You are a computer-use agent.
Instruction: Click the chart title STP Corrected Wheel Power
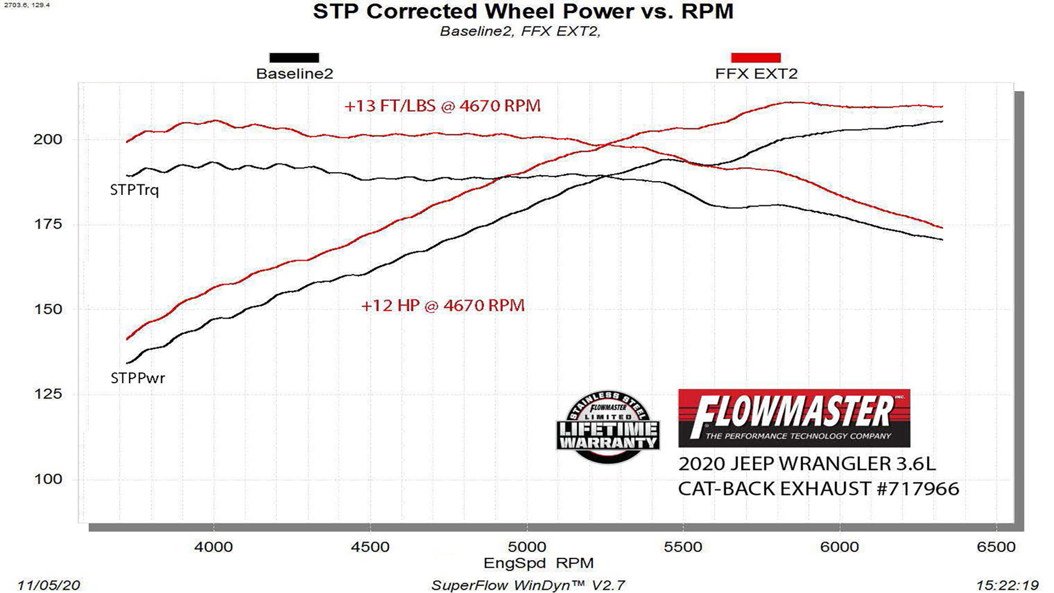[x=523, y=12]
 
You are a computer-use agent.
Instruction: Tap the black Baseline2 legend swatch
[x=294, y=58]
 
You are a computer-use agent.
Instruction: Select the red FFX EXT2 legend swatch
[x=755, y=58]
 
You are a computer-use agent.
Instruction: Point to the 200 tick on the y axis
[x=48, y=139]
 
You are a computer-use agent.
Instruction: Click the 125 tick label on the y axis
[x=48, y=394]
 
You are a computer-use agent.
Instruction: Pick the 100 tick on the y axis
[x=48, y=479]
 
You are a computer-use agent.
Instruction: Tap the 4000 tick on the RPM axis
[x=214, y=547]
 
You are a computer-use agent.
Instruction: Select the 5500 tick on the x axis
[x=683, y=547]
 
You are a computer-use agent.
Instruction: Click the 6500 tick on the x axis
[x=996, y=547]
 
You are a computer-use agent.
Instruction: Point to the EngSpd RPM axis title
[x=538, y=563]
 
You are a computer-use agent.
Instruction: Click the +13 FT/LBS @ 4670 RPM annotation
[x=442, y=105]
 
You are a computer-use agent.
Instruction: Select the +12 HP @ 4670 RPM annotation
[x=442, y=305]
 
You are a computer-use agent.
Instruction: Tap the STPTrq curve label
[x=134, y=191]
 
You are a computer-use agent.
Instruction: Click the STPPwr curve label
[x=137, y=378]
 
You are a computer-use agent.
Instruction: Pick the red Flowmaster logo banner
[x=794, y=418]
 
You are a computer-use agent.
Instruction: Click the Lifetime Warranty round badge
[x=608, y=427]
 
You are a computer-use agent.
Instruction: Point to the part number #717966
[x=918, y=489]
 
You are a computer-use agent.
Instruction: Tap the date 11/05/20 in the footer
[x=48, y=585]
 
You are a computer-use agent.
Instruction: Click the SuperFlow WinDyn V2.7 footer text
[x=528, y=585]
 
